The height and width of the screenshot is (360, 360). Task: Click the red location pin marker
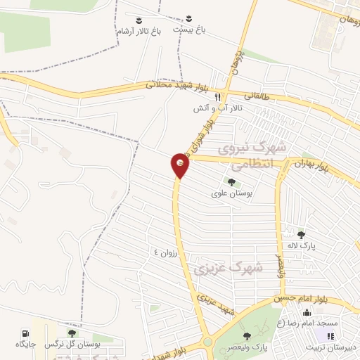[180, 166]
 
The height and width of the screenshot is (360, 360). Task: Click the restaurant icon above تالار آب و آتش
[219, 96]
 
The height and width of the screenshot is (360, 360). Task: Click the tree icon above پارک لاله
[301, 235]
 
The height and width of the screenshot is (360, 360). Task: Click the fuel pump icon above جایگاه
[26, 333]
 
